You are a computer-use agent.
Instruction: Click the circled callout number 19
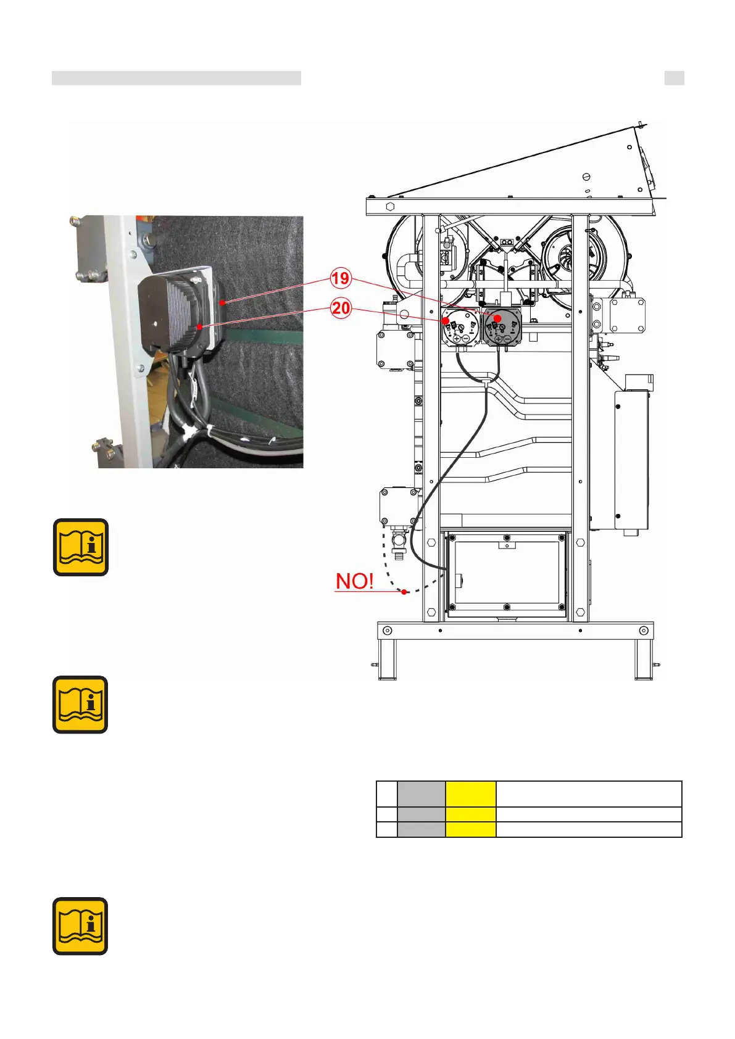coord(340,278)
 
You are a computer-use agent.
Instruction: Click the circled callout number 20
coord(341,308)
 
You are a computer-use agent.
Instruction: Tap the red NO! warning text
coord(354,581)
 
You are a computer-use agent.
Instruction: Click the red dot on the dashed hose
coord(404,592)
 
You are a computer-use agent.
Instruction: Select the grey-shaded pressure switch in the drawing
coord(502,327)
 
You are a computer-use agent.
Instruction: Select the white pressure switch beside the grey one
coord(460,327)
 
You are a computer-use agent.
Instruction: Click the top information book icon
coord(81,547)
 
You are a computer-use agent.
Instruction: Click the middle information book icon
coord(81,705)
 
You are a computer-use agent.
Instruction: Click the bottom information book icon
coord(81,926)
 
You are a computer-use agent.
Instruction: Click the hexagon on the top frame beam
coord(390,206)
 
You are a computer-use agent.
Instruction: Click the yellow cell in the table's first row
coord(470,794)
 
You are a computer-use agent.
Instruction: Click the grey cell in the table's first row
coord(421,794)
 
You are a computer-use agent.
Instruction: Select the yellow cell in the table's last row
coord(470,829)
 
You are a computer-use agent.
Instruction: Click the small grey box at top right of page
coord(674,78)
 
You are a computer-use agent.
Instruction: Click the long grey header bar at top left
coord(176,78)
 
